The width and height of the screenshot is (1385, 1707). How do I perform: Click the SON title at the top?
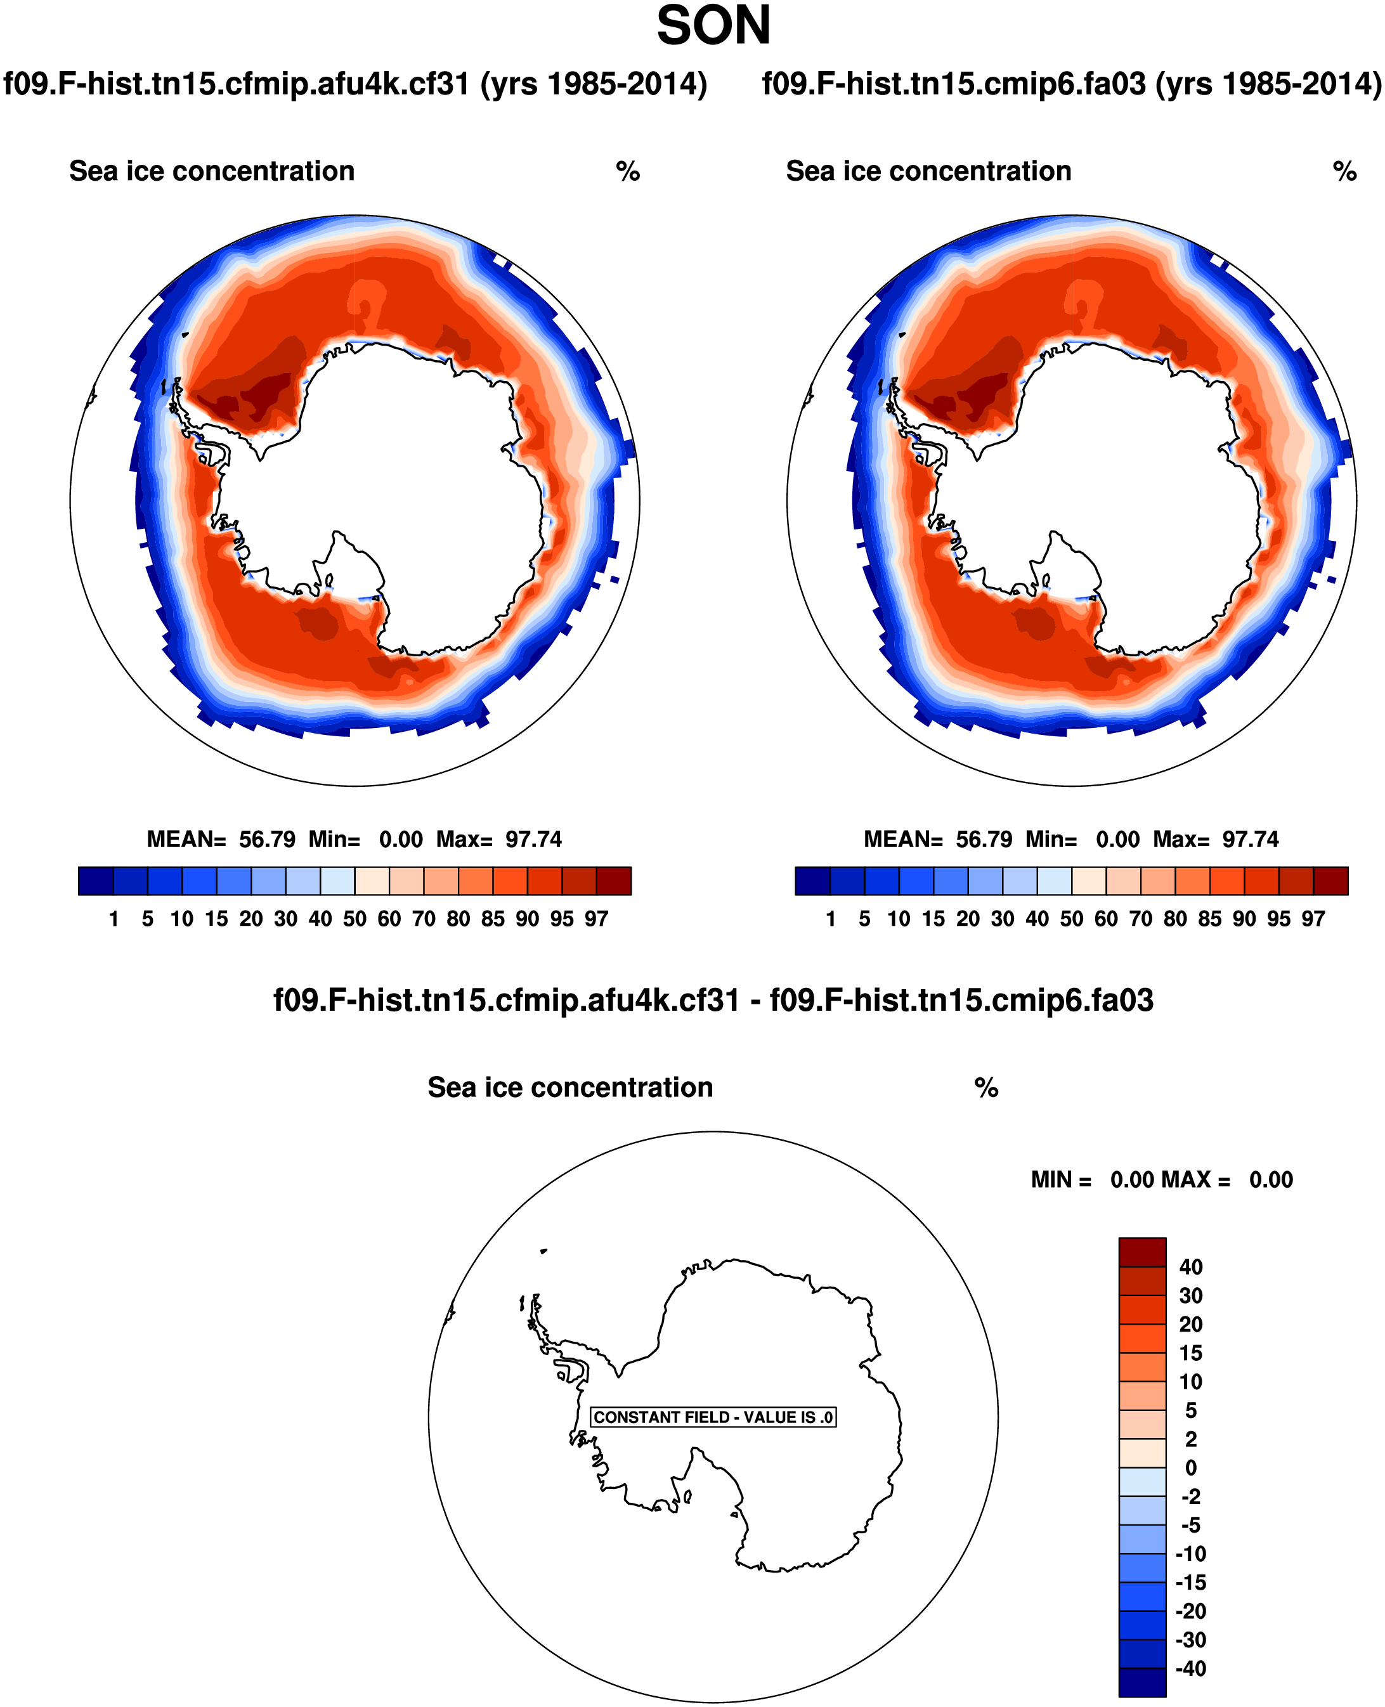(x=713, y=27)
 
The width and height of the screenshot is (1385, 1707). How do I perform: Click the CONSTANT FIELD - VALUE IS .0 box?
(x=712, y=1417)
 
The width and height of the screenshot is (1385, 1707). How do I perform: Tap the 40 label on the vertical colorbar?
(x=1190, y=1267)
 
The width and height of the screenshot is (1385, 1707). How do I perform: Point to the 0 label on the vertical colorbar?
(x=1190, y=1468)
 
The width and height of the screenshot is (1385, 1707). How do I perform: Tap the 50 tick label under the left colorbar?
(x=354, y=919)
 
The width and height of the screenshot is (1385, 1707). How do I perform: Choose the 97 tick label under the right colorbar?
(x=1313, y=919)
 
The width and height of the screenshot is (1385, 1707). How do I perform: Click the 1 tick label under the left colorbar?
(x=114, y=919)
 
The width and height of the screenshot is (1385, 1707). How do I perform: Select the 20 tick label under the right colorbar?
(x=968, y=919)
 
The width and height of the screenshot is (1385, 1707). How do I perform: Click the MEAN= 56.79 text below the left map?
(x=221, y=839)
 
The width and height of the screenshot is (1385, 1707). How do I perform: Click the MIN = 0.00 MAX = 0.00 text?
(x=1162, y=1179)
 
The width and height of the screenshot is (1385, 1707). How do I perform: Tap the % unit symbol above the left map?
(x=628, y=171)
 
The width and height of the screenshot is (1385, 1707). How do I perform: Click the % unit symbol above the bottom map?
(x=986, y=1088)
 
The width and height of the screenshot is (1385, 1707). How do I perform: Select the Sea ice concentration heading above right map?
(x=928, y=171)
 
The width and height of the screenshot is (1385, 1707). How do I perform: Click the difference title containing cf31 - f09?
(x=713, y=1000)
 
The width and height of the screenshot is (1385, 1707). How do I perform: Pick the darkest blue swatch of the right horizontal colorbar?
(x=813, y=881)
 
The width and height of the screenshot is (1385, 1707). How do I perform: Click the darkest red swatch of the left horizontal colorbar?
(x=613, y=881)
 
